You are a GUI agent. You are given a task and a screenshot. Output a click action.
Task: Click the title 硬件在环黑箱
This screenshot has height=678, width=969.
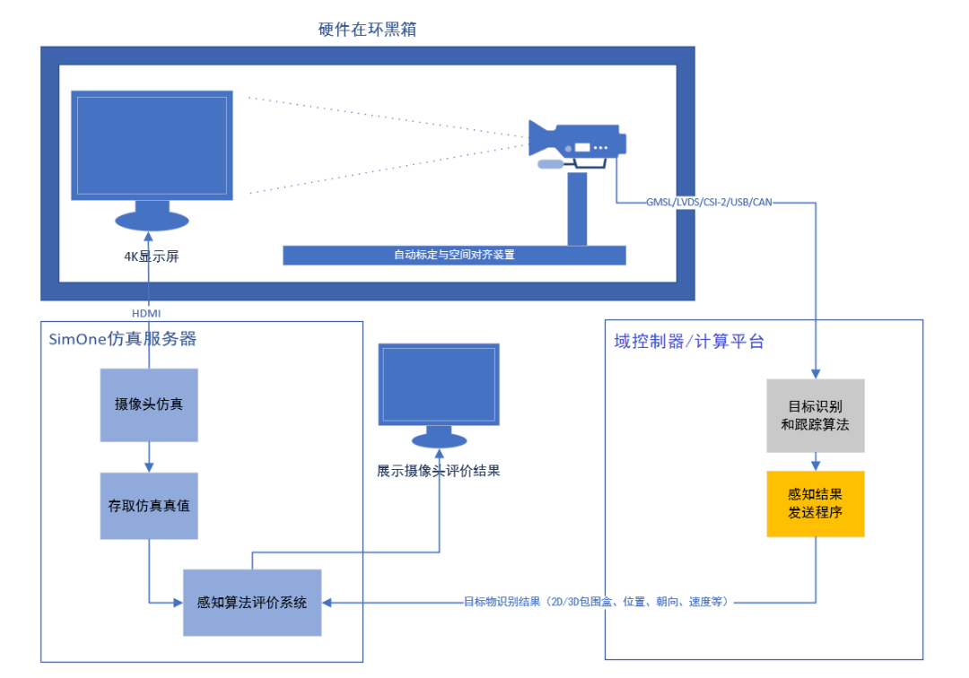367,30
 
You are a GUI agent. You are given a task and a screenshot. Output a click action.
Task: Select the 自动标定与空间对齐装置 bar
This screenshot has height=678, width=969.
454,255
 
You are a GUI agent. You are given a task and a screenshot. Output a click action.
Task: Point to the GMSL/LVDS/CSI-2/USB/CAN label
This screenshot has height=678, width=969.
709,203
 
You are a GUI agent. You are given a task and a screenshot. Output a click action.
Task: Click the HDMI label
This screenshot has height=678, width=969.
148,312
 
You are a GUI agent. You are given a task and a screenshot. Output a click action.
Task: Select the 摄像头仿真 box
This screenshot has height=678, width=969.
149,404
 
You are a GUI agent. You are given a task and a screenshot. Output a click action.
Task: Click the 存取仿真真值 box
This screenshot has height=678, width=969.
149,506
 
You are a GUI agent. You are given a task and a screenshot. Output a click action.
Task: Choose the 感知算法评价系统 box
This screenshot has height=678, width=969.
252,603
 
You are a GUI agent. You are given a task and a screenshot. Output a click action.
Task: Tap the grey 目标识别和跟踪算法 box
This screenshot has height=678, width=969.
815,415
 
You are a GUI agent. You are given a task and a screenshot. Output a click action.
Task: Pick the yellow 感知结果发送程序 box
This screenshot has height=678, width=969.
815,503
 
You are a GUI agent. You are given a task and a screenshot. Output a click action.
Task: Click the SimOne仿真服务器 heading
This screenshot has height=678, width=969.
123,339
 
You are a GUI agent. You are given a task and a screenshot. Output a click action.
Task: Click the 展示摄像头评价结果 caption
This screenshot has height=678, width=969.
439,470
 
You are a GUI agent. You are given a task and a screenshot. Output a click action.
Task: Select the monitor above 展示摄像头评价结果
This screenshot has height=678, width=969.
439,386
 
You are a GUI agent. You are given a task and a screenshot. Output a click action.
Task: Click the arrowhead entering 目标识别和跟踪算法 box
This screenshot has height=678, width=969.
815,373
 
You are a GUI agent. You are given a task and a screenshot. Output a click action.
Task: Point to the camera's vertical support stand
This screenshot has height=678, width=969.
577,208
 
